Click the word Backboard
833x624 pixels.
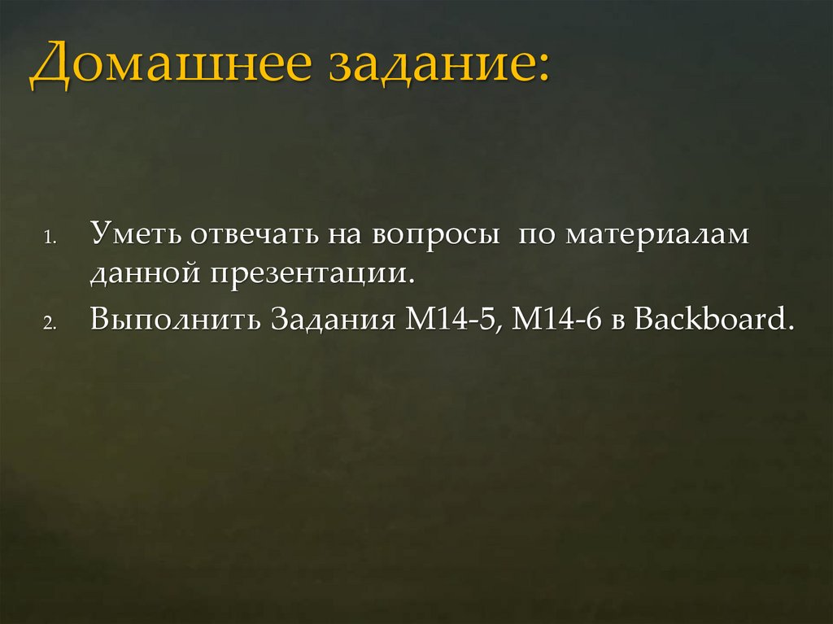tap(713, 316)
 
